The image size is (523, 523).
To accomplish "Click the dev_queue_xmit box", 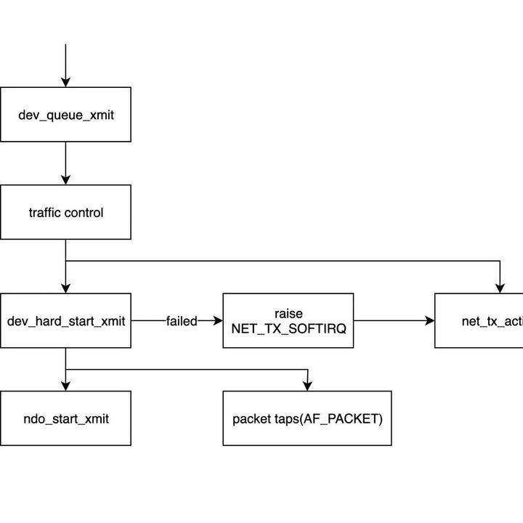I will pos(65,115).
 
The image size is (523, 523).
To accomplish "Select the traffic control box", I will pos(65,212).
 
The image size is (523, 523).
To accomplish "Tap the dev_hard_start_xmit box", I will pos(65,320).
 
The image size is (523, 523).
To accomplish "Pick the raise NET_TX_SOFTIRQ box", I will pos(288,320).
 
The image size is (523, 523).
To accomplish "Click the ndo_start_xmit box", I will pos(65,418).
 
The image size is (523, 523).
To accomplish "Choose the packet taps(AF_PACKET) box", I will pos(307,418).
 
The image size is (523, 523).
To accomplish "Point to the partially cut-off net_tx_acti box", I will pos(479,320).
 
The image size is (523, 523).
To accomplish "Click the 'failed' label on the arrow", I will pos(181,321).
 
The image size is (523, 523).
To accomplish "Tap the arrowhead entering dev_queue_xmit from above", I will pos(65,81).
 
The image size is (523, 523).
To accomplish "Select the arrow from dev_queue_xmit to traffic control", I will pos(65,163).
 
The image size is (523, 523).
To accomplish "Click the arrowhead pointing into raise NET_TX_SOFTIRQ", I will pos(217,320).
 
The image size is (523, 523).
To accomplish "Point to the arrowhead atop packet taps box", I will pos(308,385).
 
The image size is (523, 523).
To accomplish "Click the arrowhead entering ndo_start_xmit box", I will pos(65,385).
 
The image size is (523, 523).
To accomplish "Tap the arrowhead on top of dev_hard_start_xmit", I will pos(65,288).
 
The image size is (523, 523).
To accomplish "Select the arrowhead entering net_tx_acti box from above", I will pos(500,288).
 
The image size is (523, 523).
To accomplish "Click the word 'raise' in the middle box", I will pos(288,313).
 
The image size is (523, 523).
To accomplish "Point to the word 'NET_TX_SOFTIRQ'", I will pos(288,328).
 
